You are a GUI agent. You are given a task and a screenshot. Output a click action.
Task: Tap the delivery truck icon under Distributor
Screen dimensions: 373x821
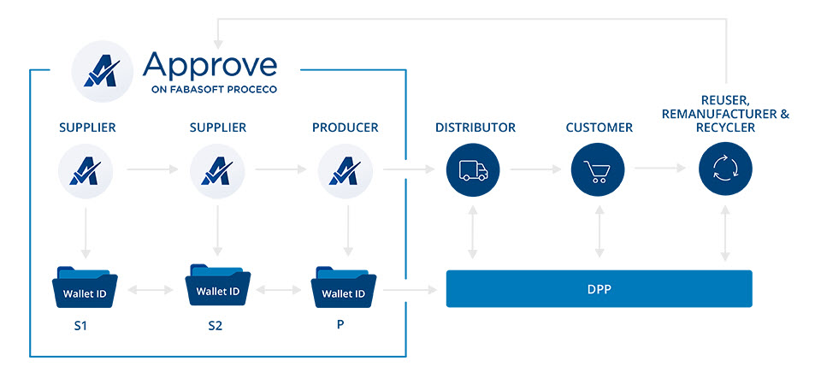(x=472, y=170)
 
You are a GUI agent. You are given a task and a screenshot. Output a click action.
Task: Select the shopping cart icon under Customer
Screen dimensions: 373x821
(x=598, y=170)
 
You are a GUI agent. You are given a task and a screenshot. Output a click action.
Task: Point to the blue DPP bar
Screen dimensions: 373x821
(x=599, y=289)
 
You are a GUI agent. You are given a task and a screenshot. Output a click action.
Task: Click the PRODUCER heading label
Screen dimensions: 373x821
(x=346, y=127)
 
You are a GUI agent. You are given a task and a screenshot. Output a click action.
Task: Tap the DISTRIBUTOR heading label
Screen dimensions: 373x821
(x=475, y=127)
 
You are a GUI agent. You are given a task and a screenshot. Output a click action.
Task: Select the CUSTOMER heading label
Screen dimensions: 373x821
(x=599, y=127)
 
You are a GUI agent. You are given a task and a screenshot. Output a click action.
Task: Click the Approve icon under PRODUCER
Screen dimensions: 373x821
(x=345, y=170)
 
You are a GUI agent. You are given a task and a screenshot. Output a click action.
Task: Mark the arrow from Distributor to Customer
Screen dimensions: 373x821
(x=535, y=170)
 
